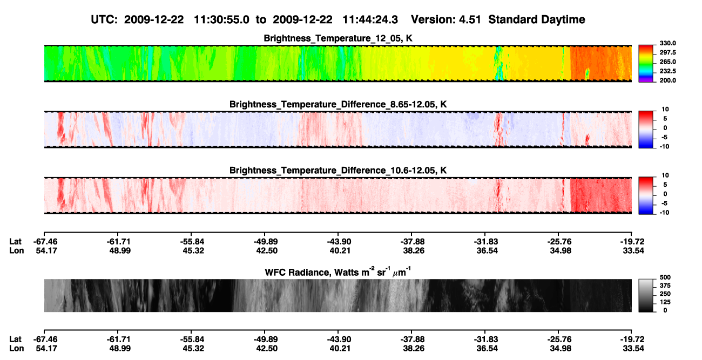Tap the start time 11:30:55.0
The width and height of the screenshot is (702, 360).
pos(221,19)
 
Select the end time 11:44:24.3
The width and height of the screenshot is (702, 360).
pos(370,19)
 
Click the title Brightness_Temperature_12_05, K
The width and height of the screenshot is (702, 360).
pos(338,38)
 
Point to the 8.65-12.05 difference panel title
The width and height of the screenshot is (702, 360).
pos(338,104)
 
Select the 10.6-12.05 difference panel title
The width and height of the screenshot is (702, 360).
pos(338,171)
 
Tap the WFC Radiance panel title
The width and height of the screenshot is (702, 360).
pos(338,272)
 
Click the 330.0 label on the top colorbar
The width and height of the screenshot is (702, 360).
pos(667,43)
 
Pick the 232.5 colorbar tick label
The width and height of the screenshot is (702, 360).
pos(667,71)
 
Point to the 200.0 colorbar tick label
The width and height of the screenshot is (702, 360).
pos(667,80)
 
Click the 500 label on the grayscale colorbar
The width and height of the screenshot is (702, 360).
pos(665,277)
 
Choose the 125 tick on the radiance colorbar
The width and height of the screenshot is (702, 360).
pos(665,302)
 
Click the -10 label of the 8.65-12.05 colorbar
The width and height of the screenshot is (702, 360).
pos(664,146)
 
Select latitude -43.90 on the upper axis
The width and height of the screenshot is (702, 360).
pos(339,242)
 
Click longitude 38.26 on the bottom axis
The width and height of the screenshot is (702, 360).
pos(414,349)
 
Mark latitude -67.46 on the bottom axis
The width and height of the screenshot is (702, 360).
pos(45,339)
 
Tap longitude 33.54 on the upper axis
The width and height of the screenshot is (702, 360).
pos(633,250)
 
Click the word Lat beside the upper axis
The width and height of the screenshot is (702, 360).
pos(15,242)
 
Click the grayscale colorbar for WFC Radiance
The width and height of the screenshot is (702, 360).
pos(646,295)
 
